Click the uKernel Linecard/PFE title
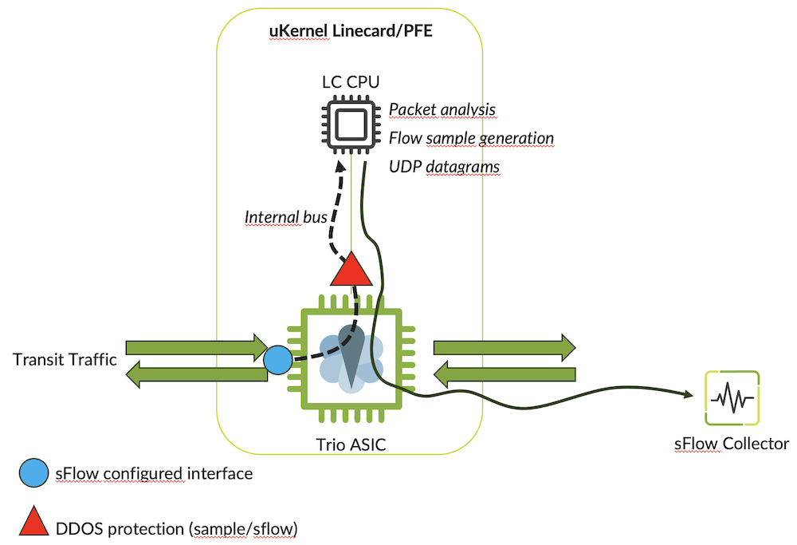[x=351, y=33]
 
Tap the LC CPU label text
[x=351, y=81]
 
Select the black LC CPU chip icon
[x=351, y=123]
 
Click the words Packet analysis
[x=442, y=109]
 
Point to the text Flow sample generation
[x=471, y=138]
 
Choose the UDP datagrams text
[x=444, y=167]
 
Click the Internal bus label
[x=286, y=217]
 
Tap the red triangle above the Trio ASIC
[x=351, y=271]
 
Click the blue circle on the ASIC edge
[x=278, y=361]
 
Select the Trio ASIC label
[x=351, y=445]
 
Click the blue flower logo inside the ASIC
[x=351, y=359]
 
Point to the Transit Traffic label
[x=65, y=360]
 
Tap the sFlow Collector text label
[x=731, y=444]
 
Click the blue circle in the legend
[x=34, y=474]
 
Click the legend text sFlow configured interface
[x=154, y=474]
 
